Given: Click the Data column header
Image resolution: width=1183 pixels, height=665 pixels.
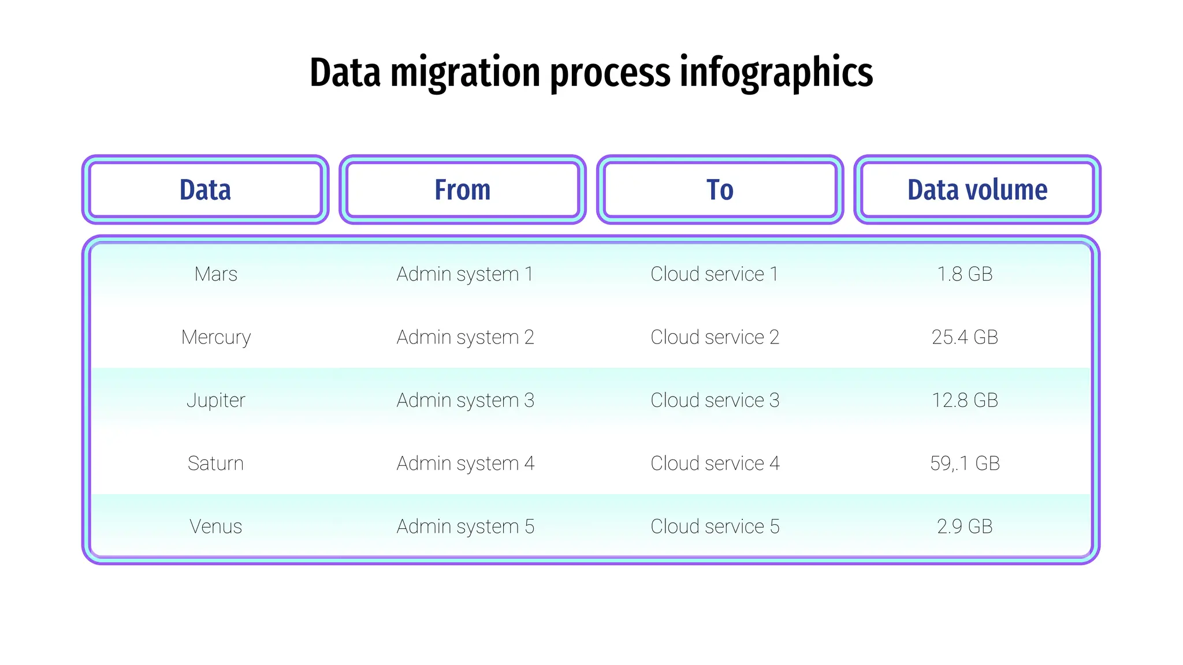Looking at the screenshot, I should (x=205, y=190).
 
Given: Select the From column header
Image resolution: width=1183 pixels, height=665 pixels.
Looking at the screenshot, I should (x=462, y=190).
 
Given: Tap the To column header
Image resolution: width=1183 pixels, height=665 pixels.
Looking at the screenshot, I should (x=720, y=190).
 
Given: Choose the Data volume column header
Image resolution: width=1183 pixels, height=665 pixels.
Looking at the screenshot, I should (x=977, y=190).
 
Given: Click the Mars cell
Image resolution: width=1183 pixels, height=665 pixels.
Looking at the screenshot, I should (x=215, y=274).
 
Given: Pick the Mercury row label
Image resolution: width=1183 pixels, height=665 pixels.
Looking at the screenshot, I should (x=215, y=337).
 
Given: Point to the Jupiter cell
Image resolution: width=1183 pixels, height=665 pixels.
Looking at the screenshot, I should (x=215, y=400).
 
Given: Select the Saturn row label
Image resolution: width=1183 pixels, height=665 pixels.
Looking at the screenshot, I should (x=215, y=463).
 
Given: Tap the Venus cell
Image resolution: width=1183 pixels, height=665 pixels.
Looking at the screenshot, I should (x=215, y=526).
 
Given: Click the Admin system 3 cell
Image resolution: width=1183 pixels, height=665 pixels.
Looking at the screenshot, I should (x=465, y=400).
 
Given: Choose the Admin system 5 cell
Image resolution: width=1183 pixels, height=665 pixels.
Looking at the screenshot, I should (x=465, y=526).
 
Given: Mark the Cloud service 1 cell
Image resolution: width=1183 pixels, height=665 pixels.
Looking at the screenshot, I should (x=715, y=274).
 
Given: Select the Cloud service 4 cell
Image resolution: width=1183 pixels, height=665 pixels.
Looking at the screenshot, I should (x=715, y=463).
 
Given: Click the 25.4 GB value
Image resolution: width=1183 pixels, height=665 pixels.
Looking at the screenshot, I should (x=965, y=337).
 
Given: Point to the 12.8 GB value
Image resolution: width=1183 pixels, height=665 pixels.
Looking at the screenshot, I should (x=965, y=400).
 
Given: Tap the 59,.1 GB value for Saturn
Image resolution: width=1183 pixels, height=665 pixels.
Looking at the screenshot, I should (x=965, y=463).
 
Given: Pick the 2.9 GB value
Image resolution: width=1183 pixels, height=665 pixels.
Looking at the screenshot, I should (x=965, y=526).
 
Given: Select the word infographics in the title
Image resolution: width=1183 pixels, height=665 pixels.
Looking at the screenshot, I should (x=776, y=74).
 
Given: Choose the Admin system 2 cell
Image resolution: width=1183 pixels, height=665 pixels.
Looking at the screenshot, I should (x=465, y=337).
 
